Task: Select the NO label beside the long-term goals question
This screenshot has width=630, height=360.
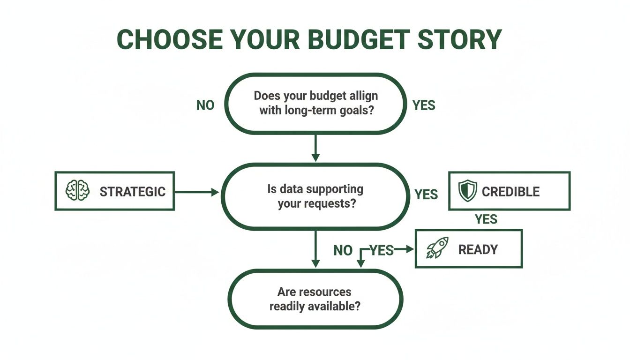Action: tap(205, 105)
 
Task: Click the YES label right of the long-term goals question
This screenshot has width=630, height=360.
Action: tap(424, 105)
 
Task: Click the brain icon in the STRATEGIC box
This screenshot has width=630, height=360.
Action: tap(77, 191)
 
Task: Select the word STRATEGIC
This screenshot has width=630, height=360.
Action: tap(132, 191)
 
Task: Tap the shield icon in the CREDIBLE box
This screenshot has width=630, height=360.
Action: tap(467, 191)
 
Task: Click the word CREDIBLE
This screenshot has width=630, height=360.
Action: tap(510, 191)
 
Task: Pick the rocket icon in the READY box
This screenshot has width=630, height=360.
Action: tap(437, 248)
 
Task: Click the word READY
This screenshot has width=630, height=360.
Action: tap(477, 249)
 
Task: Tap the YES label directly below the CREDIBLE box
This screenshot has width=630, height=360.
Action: tap(486, 219)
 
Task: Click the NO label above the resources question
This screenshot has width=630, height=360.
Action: tap(343, 250)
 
